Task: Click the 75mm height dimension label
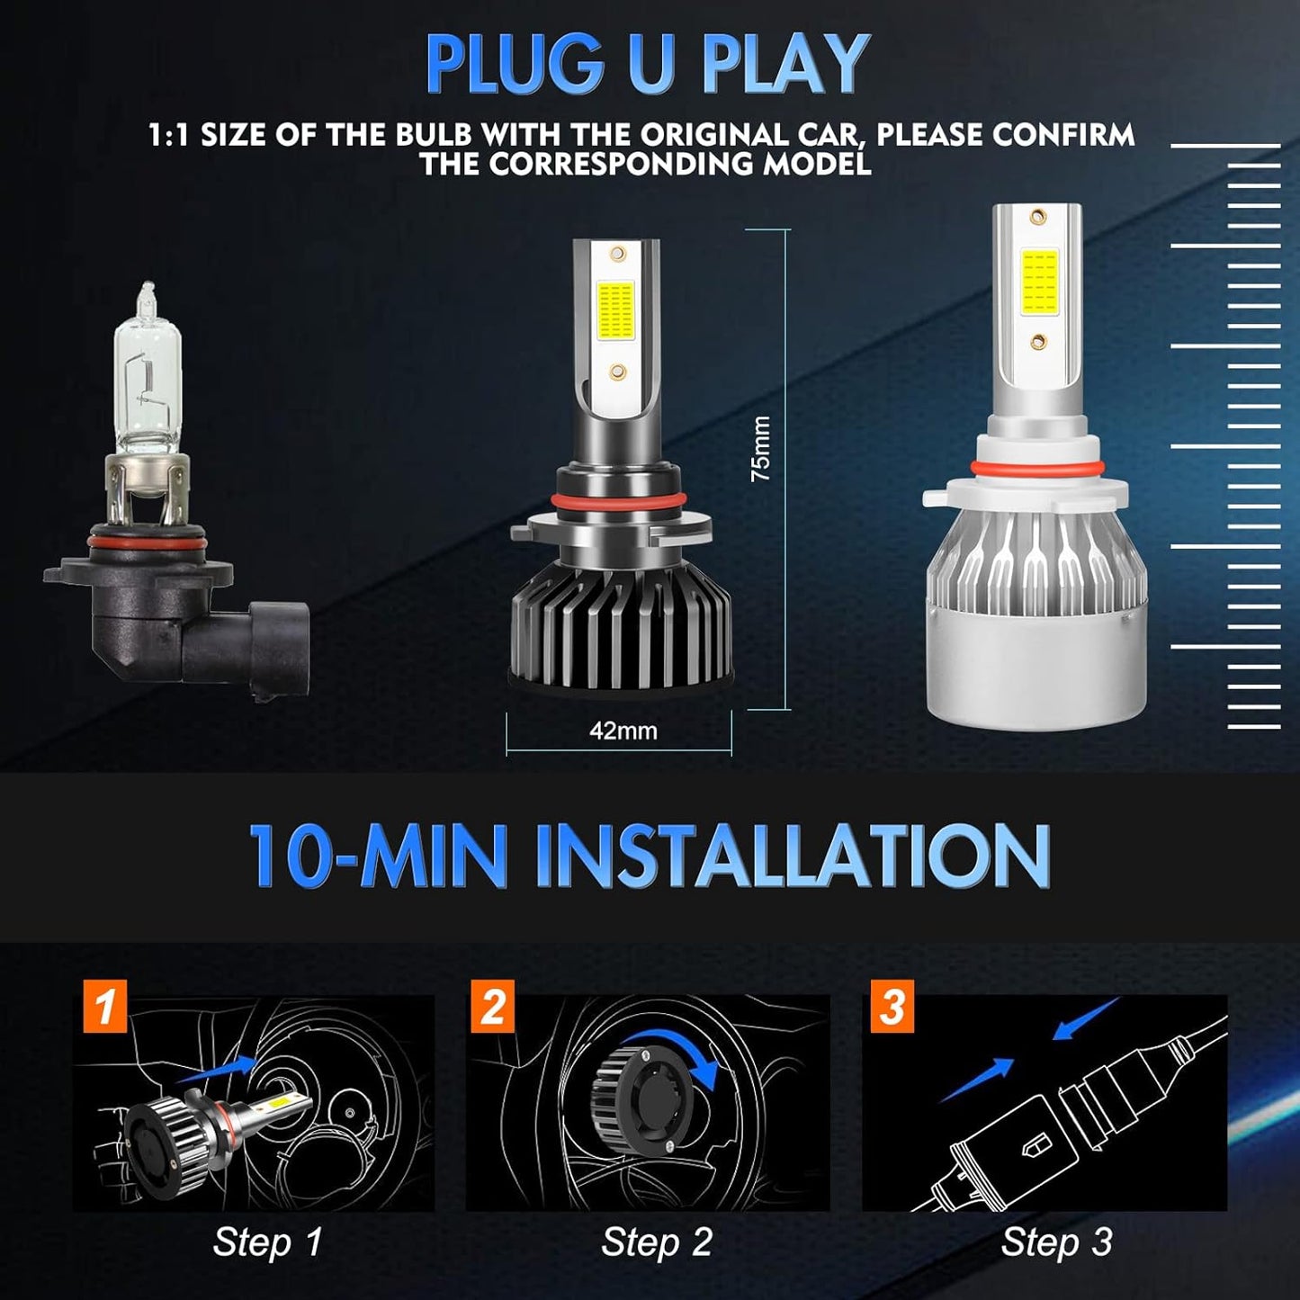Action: (x=761, y=448)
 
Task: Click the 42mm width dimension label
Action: (x=623, y=731)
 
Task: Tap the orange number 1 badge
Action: (x=105, y=1006)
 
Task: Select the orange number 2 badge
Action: (x=493, y=1006)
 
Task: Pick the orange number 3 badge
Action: (x=892, y=1006)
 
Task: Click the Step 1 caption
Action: (x=267, y=1242)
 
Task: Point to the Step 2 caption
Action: (x=657, y=1242)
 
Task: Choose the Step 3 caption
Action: (x=1056, y=1242)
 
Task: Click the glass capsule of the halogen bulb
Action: (x=148, y=378)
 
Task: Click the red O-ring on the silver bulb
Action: (x=1037, y=467)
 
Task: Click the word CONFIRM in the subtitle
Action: (x=1063, y=135)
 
